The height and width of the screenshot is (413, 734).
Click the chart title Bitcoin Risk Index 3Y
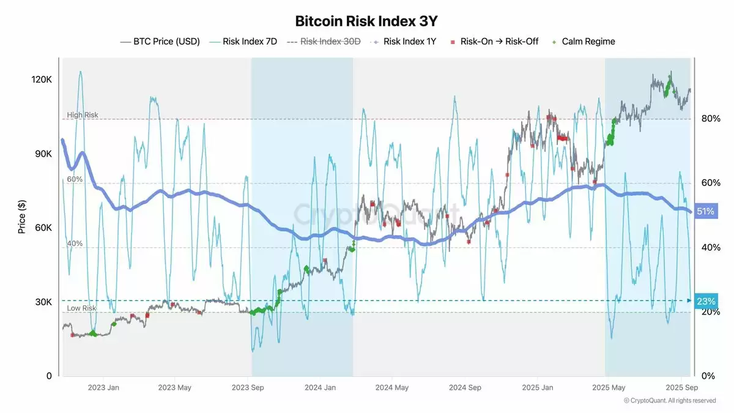click(366, 21)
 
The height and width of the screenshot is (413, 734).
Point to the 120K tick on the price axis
click(42, 80)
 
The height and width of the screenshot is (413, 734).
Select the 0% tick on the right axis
click(707, 376)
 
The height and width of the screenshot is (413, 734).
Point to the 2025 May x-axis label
click(609, 387)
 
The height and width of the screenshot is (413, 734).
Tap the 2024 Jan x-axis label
click(321, 387)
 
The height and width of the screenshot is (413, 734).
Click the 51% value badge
click(705, 212)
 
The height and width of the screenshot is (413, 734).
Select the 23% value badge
click(705, 301)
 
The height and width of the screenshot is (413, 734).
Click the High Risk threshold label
click(82, 115)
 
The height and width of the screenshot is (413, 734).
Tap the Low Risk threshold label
click(81, 308)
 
